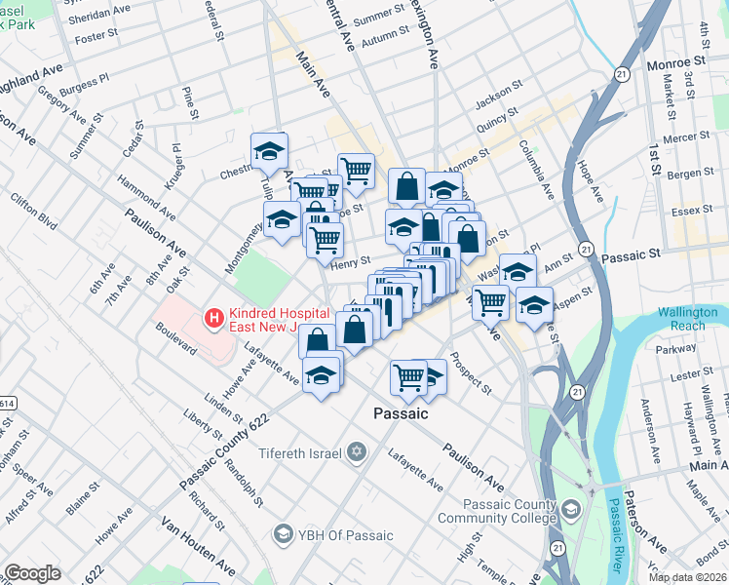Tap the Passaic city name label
(x=401, y=413)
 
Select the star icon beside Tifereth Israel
(x=357, y=452)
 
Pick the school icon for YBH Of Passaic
(x=284, y=534)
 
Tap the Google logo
(x=32, y=573)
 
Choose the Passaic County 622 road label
(x=223, y=451)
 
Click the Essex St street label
(x=694, y=210)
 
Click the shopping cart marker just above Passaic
(x=409, y=375)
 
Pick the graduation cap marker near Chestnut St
(x=269, y=150)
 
